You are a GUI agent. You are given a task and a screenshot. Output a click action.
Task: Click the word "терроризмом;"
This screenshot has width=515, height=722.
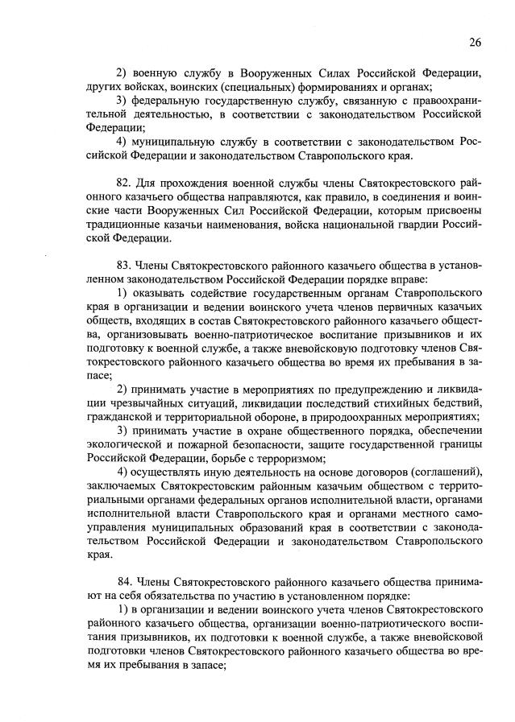(290, 457)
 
